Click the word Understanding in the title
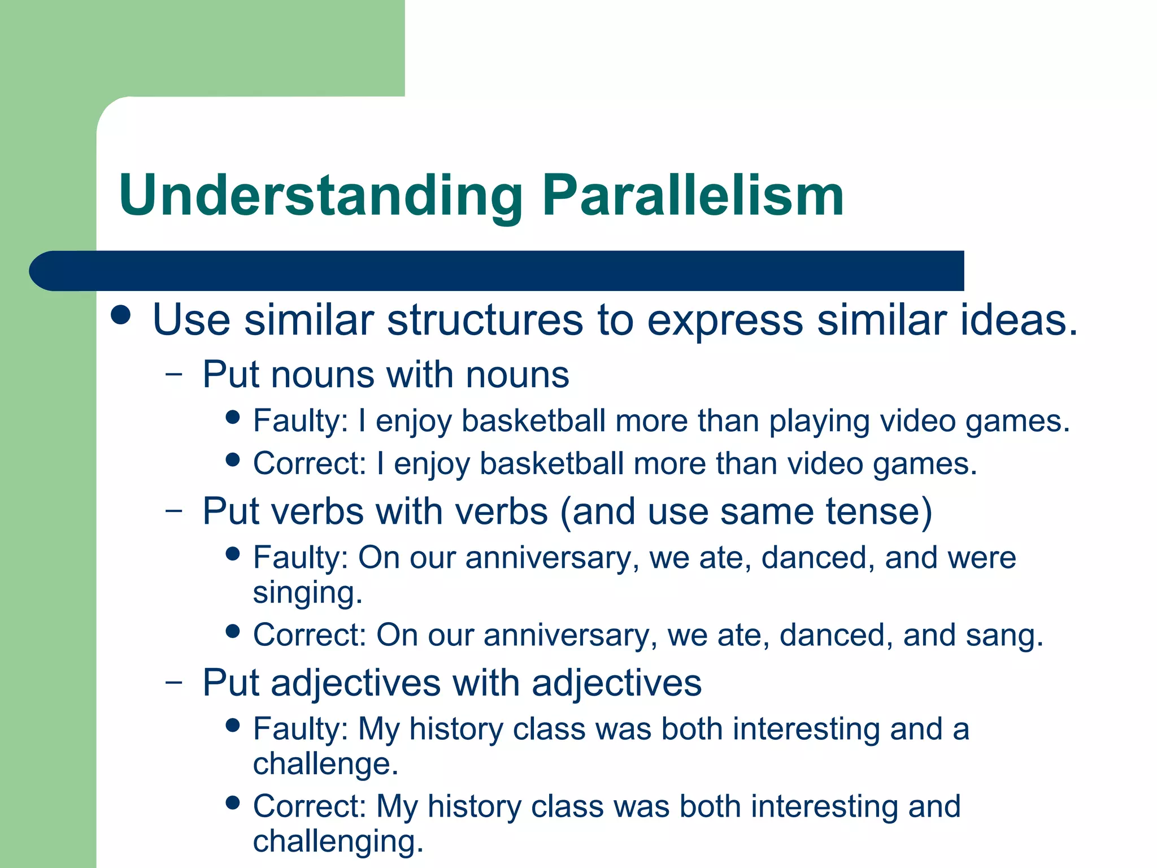(x=320, y=196)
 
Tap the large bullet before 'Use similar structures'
(x=121, y=315)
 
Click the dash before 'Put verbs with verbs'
(x=175, y=511)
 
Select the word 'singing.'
(x=307, y=593)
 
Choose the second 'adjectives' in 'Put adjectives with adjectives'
(x=616, y=683)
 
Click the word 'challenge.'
(x=325, y=764)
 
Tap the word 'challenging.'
(x=338, y=841)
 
